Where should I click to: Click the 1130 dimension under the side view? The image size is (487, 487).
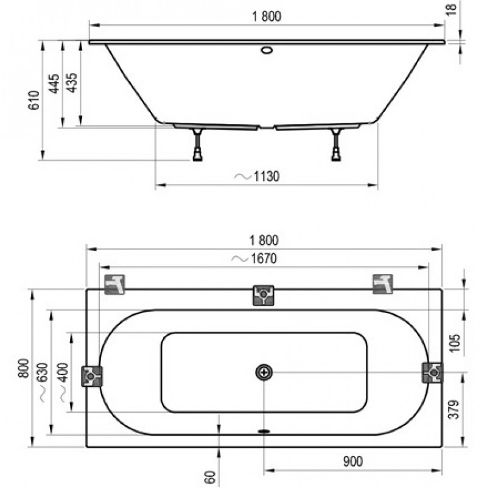267,176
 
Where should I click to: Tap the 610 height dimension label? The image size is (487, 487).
34,100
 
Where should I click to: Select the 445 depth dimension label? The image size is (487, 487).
54,83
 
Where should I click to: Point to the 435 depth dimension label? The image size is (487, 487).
72,83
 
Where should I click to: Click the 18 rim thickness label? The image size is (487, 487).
452,10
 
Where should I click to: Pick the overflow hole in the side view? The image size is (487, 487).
267,50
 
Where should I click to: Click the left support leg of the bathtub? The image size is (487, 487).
197,145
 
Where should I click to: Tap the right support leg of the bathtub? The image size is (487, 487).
336,145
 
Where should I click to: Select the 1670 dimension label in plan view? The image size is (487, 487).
264,258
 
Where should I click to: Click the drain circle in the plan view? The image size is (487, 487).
264,372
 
